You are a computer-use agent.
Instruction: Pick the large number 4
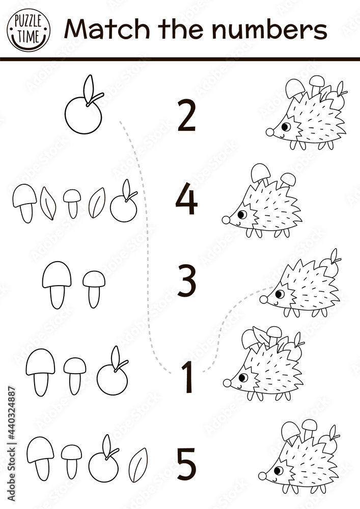tap(186, 201)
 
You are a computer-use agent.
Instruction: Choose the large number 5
tap(186, 462)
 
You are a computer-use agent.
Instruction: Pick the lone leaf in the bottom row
tap(138, 465)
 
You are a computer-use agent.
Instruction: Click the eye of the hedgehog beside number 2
tap(286, 126)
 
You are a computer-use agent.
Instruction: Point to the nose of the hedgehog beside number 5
tap(262, 476)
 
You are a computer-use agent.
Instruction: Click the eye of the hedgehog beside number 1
tap(243, 377)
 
